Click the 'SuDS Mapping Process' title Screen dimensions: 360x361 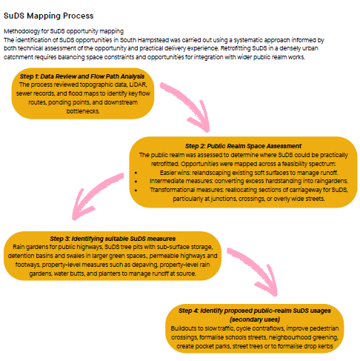49,16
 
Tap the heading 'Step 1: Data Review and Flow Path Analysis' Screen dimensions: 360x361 82,76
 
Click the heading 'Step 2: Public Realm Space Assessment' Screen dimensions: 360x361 243,146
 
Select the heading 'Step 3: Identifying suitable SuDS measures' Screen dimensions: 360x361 113,239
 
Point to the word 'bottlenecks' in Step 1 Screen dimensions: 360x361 83,111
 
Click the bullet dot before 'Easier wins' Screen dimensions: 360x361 136,173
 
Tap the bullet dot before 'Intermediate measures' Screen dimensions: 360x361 136,182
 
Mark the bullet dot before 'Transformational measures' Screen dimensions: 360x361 136,191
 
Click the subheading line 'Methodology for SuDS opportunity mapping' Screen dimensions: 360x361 64,31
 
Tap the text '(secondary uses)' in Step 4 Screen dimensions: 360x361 255,319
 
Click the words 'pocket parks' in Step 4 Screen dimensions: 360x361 213,346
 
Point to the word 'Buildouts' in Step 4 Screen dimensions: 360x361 183,328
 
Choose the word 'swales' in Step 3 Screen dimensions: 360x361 69,256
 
